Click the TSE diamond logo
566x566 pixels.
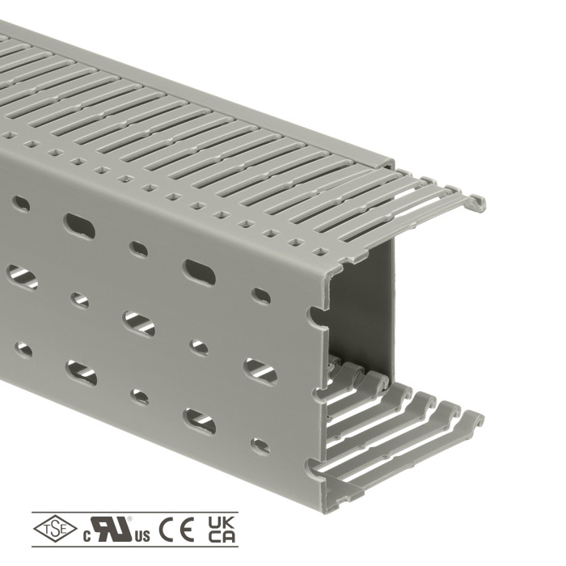pos(55,529)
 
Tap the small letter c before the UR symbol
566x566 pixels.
pos(87,537)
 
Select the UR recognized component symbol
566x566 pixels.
pos(112,529)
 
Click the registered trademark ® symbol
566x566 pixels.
pos(130,519)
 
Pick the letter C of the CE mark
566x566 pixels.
pos(166,529)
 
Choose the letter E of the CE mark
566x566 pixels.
pos(187,529)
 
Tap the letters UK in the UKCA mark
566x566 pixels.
pos(222,522)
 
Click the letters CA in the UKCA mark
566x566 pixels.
pos(222,536)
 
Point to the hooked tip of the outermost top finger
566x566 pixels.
pos(479,203)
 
